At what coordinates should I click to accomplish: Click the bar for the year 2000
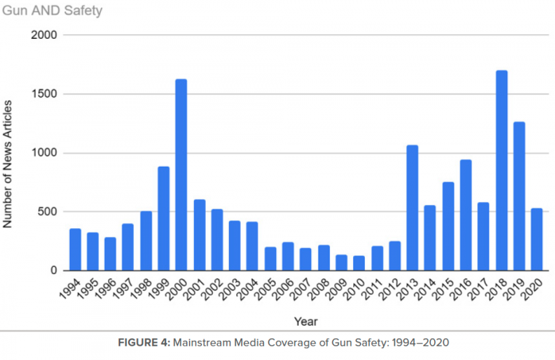[181, 175]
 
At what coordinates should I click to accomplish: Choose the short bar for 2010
[359, 263]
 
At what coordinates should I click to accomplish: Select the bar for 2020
[536, 240]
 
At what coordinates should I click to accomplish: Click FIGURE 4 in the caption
[144, 343]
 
